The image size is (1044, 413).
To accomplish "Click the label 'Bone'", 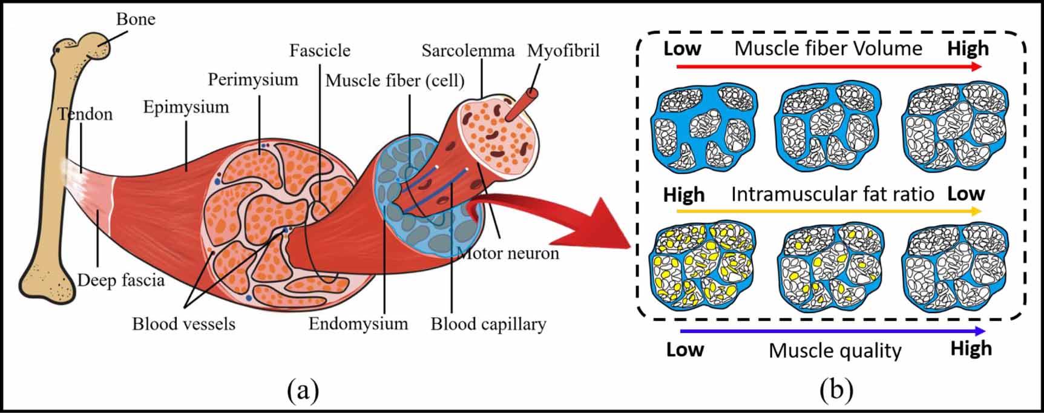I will (136, 19).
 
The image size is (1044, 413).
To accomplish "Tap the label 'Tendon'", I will (85, 114).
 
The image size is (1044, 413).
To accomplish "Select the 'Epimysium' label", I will (186, 107).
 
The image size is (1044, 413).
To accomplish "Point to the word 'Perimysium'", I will (253, 79).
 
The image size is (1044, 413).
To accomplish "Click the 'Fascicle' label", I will (320, 50).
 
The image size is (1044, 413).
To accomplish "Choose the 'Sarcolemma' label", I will (468, 50).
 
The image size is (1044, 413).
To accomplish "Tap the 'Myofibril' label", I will (563, 50).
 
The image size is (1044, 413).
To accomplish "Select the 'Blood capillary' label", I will (488, 324).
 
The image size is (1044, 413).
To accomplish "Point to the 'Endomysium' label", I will (358, 323).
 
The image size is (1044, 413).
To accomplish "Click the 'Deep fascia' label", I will (121, 280).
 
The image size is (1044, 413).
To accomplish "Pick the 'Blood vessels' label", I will (183, 324).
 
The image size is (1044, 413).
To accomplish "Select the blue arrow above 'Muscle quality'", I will (832, 331).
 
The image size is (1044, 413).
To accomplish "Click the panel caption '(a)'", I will (303, 390).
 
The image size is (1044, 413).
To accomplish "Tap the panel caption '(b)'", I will (836, 390).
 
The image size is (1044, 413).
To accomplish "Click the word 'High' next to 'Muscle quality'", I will (971, 349).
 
